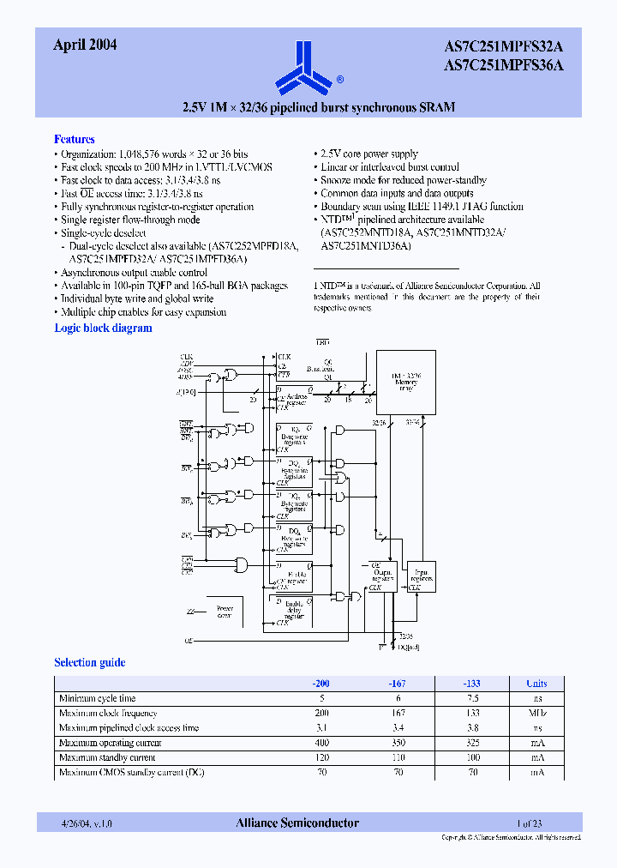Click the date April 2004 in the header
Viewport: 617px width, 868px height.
click(x=85, y=45)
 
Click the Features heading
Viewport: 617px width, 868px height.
click(x=75, y=139)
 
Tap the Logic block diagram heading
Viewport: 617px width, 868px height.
click(x=103, y=328)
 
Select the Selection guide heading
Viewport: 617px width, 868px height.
click(x=89, y=662)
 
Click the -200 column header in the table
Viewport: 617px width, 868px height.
click(x=321, y=684)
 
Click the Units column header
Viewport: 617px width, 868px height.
click(x=536, y=684)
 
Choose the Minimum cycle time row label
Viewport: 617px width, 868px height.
click(x=97, y=698)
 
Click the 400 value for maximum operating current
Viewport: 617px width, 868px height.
click(x=321, y=743)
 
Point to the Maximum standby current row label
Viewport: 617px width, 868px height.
click(x=107, y=757)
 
